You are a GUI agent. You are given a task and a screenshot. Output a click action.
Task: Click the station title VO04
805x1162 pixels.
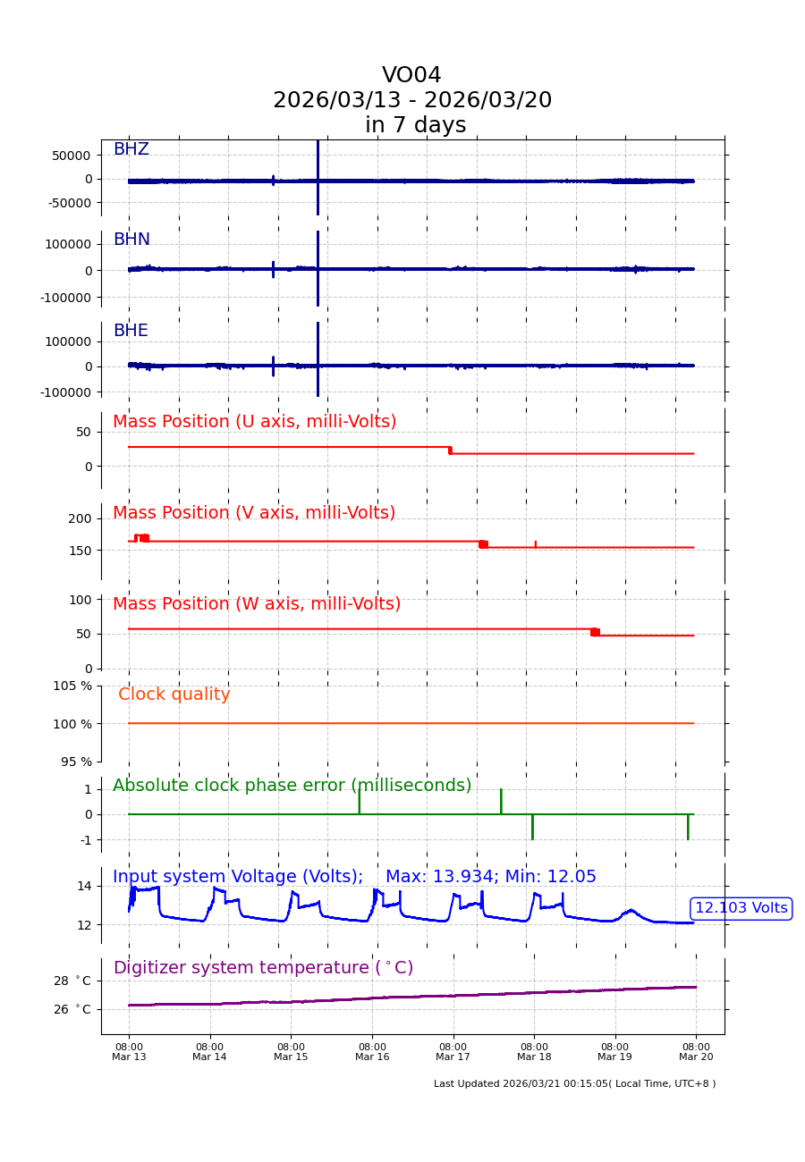click(411, 76)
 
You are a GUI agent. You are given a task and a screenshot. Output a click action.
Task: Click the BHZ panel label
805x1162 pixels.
click(131, 149)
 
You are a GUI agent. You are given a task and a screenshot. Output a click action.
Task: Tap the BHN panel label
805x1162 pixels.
click(131, 240)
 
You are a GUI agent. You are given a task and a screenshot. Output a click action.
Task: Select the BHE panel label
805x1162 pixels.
click(131, 331)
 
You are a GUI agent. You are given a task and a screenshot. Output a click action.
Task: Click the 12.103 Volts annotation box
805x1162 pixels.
click(741, 908)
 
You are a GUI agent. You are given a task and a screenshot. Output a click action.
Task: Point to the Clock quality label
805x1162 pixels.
click(174, 695)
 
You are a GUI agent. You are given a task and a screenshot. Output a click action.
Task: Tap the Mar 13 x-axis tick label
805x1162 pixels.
click(129, 1052)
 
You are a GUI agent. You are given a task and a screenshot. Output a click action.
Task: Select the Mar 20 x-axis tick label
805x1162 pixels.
click(696, 1052)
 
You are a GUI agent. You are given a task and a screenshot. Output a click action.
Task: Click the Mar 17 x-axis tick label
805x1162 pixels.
click(453, 1052)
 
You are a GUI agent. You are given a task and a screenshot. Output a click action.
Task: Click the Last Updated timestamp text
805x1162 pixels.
click(574, 1083)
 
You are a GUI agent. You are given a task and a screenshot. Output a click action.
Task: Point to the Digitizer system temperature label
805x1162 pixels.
click(263, 968)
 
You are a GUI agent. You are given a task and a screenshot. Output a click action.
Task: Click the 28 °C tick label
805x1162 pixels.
click(72, 981)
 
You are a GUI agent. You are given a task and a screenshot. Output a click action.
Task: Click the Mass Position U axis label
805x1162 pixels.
click(254, 422)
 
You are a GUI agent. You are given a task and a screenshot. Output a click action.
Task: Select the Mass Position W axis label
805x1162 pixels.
click(257, 604)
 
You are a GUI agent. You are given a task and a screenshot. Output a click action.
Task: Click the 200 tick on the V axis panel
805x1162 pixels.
click(80, 518)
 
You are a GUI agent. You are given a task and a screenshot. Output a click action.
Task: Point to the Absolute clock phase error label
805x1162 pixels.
click(292, 786)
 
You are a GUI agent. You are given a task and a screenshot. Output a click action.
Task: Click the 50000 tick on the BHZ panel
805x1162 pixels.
click(71, 155)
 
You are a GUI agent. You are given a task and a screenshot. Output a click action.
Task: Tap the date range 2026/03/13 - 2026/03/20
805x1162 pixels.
click(412, 100)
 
